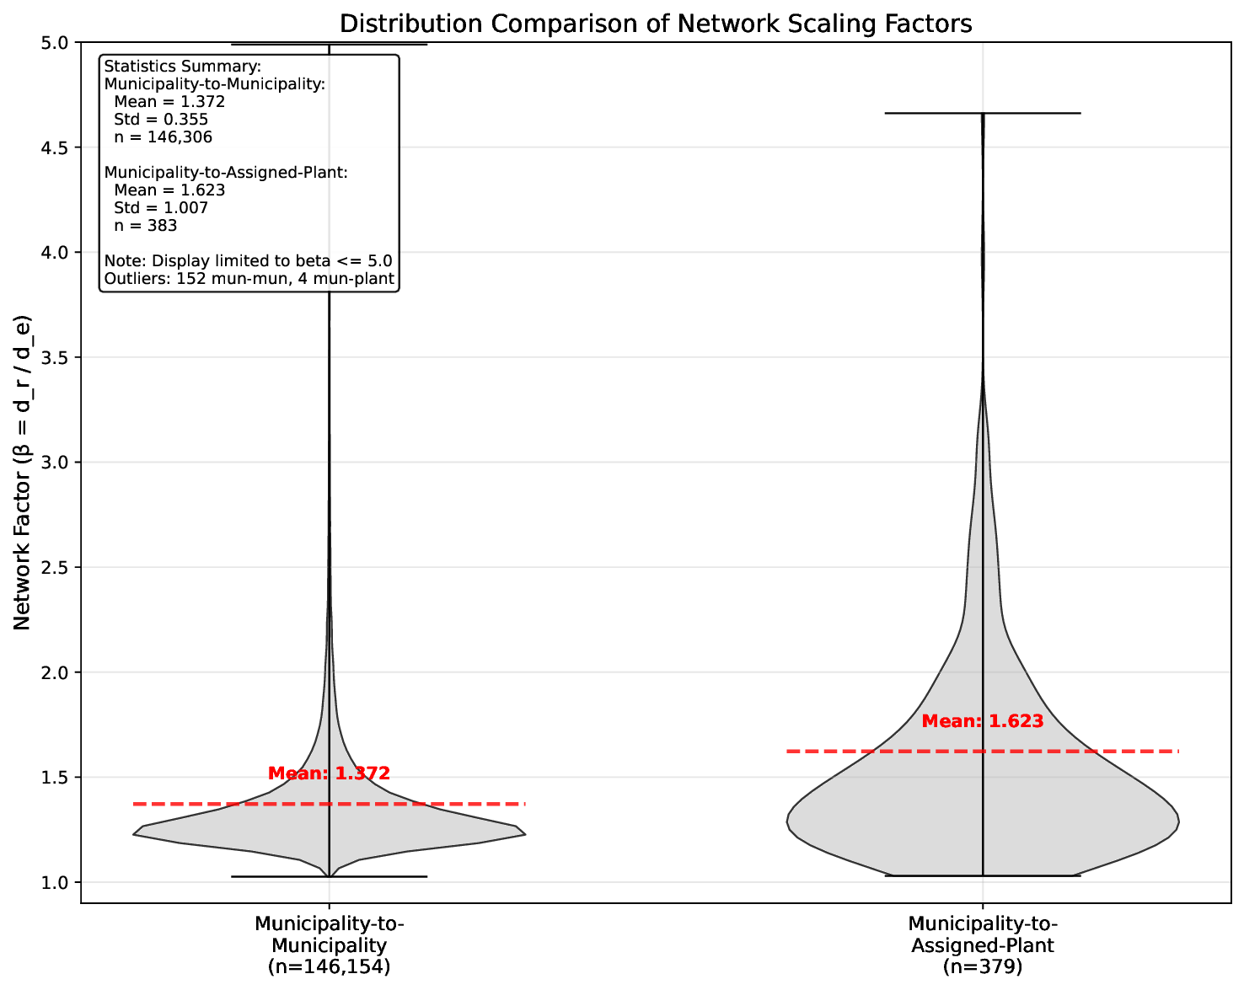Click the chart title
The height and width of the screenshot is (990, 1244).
pos(655,24)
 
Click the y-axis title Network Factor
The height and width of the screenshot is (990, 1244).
pos(23,472)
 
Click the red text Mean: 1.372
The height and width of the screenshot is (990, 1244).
pos(329,773)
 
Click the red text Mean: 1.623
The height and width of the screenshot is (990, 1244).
pos(983,721)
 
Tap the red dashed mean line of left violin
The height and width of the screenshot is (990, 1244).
pos(211,804)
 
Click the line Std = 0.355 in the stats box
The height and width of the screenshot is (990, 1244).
pos(160,120)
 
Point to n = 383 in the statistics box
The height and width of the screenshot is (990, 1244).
pos(145,226)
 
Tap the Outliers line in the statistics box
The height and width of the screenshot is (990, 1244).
pos(249,279)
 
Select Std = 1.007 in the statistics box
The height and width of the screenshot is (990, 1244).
pos(160,208)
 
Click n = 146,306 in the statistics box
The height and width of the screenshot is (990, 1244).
pos(163,137)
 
